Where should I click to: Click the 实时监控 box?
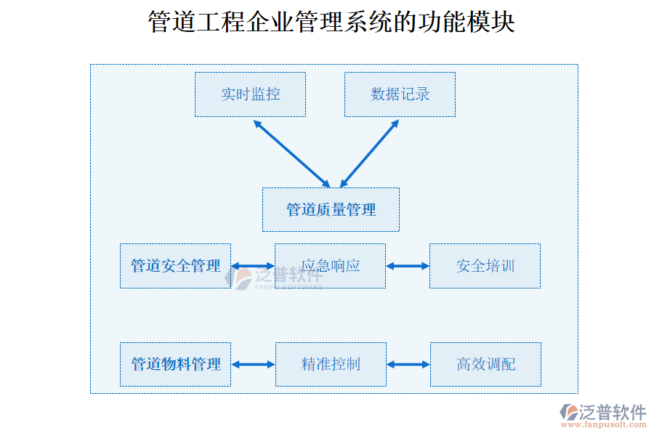(x=250, y=94)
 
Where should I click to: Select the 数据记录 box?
(x=400, y=94)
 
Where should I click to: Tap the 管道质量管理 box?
(x=331, y=210)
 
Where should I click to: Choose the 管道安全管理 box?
(x=175, y=266)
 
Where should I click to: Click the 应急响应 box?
(x=330, y=266)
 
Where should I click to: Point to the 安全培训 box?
(x=485, y=266)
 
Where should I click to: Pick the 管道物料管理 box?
(x=175, y=364)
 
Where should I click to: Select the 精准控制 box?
(x=331, y=364)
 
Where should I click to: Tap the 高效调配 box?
(x=485, y=364)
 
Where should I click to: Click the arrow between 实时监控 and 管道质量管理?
(x=291, y=153)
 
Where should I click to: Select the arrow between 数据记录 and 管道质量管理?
(x=370, y=153)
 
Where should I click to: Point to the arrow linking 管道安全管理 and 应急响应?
(x=253, y=267)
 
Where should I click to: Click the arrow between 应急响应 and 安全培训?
(x=408, y=267)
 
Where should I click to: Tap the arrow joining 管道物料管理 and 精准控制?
(x=253, y=364)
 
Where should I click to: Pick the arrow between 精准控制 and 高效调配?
(x=408, y=364)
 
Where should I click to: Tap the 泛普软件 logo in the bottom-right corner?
(x=603, y=412)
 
